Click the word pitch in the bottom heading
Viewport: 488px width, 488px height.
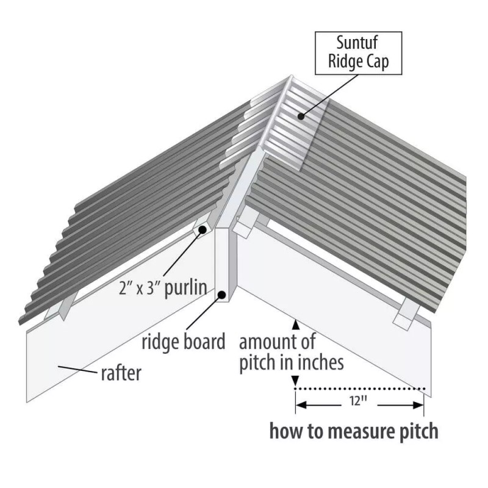tap(415, 431)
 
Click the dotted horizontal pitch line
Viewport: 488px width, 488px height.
tap(360, 388)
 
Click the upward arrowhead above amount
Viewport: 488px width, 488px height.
tap(296, 323)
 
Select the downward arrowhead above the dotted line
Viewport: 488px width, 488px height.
tap(296, 380)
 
